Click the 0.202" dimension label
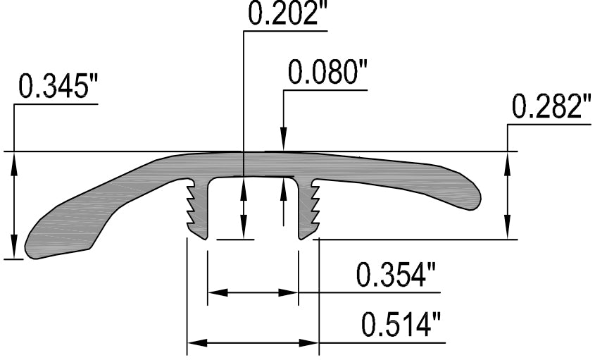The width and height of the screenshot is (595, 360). click(289, 14)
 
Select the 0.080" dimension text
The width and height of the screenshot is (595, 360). click(327, 73)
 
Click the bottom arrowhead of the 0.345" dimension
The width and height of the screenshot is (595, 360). click(13, 251)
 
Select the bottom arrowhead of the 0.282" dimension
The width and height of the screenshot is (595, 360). click(507, 232)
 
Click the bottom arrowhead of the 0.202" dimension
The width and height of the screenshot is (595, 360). click(243, 232)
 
